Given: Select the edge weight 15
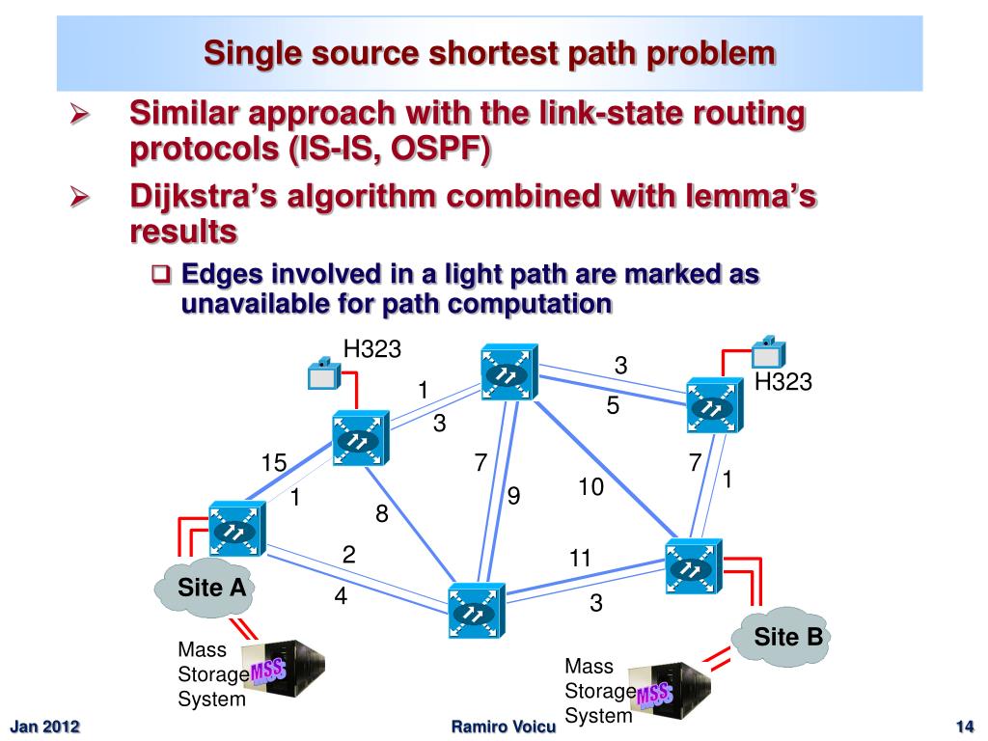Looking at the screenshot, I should pyautogui.click(x=274, y=464).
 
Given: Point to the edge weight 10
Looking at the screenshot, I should pyautogui.click(x=590, y=488).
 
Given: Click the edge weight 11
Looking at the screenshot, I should pyautogui.click(x=580, y=558).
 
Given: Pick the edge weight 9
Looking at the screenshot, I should pyautogui.click(x=513, y=497).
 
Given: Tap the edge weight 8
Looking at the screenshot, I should pyautogui.click(x=382, y=514).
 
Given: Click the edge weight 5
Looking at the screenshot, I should pyautogui.click(x=613, y=407).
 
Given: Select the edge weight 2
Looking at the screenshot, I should pyautogui.click(x=349, y=555).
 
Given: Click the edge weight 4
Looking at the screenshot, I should pyautogui.click(x=341, y=596).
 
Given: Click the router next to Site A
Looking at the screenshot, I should pyautogui.click(x=235, y=529).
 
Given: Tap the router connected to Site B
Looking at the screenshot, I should pyautogui.click(x=692, y=566).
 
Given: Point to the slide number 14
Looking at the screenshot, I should pyautogui.click(x=962, y=727).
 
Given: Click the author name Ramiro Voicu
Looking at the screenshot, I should pyautogui.click(x=504, y=727).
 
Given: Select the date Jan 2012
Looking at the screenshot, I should pyautogui.click(x=44, y=727).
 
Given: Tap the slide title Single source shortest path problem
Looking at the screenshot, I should pyautogui.click(x=489, y=52).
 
